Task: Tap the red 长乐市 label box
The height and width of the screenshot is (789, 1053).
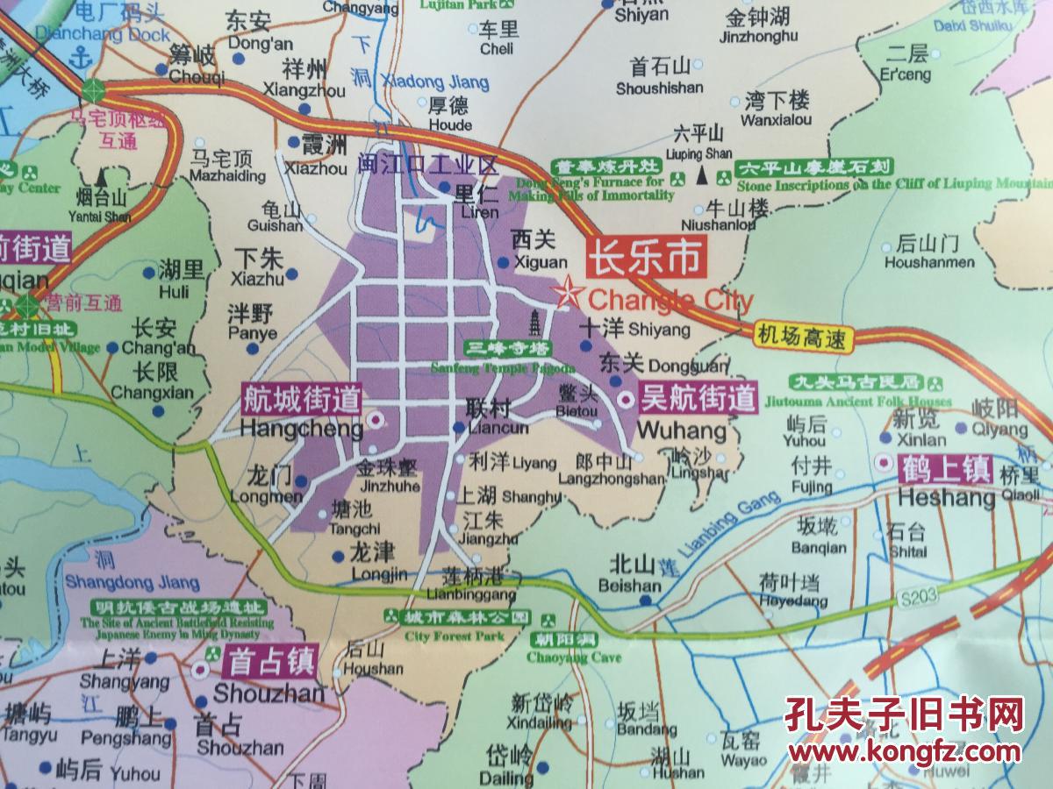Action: [x=645, y=258]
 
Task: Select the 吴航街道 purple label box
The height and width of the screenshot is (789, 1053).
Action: [x=698, y=399]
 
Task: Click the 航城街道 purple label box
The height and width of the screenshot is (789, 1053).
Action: [x=301, y=401]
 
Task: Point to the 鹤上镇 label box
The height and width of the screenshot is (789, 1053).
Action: [x=944, y=468]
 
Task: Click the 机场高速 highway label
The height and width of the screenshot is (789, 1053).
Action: [x=803, y=335]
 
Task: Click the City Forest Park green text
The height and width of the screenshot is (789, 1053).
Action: [x=455, y=636]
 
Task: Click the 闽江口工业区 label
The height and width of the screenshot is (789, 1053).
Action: [x=428, y=164]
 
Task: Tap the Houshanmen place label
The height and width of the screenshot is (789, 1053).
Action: [x=928, y=253]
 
